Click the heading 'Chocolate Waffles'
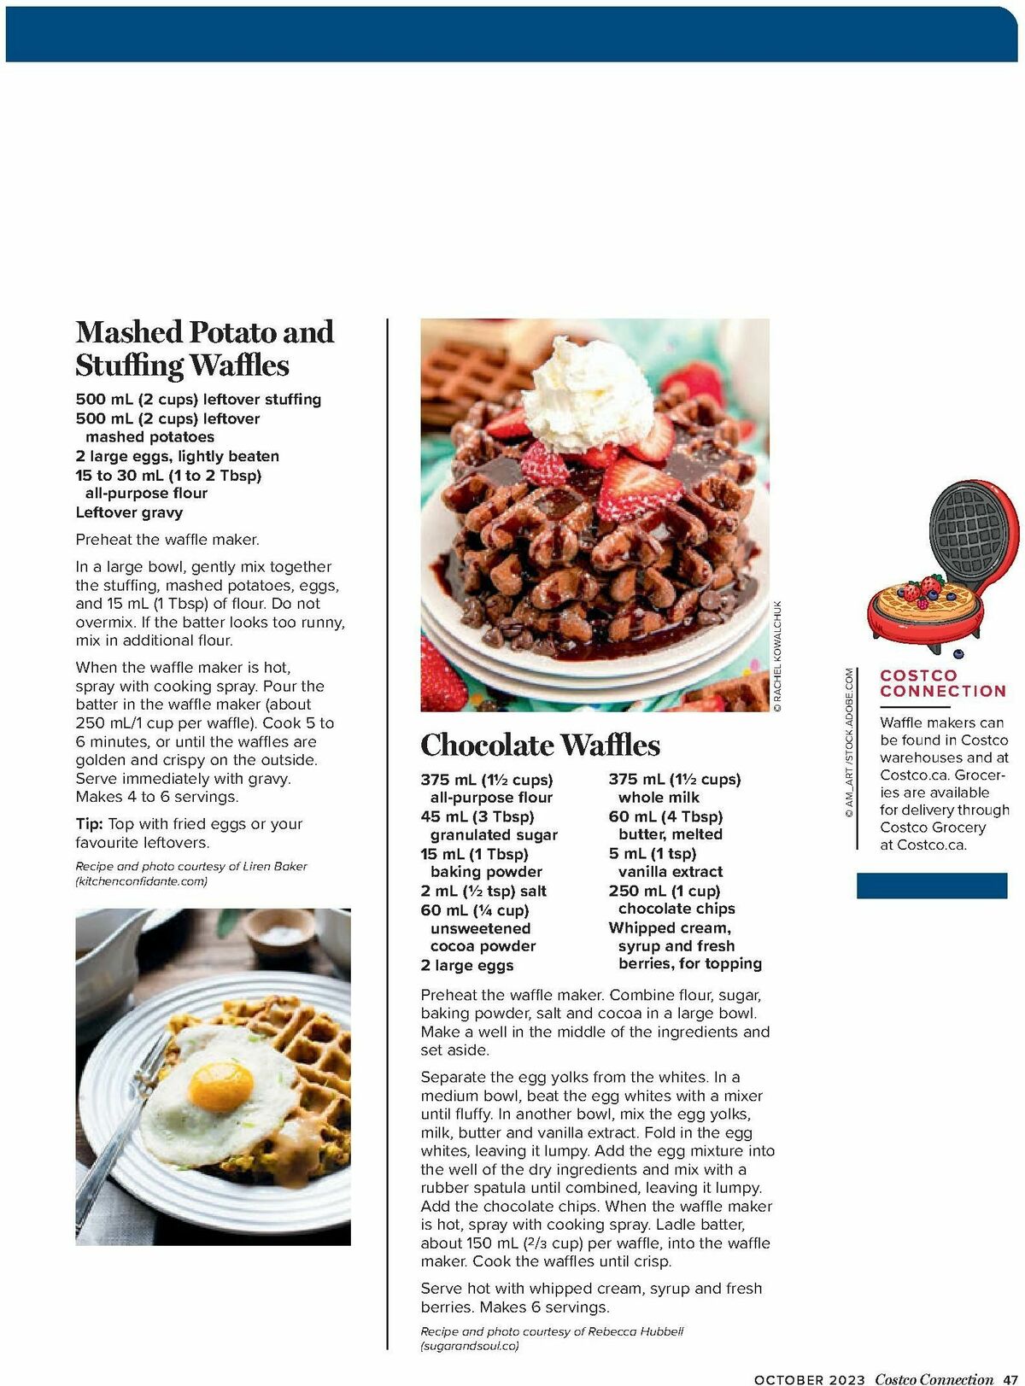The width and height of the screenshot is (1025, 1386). pyautogui.click(x=540, y=745)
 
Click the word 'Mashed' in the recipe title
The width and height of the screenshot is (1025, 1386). pyautogui.click(x=129, y=331)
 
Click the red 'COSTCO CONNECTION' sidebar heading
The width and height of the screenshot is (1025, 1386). pyautogui.click(x=942, y=683)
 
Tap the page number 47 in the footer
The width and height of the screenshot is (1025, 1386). pyautogui.click(x=1010, y=1379)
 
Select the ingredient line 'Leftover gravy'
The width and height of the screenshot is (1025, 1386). pyautogui.click(x=129, y=512)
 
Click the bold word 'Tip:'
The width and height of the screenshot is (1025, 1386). pyautogui.click(x=90, y=824)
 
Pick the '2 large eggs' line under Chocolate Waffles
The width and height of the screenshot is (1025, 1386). pyautogui.click(x=466, y=965)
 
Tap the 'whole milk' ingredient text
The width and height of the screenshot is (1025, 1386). pyautogui.click(x=659, y=798)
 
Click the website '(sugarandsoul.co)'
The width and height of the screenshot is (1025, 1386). pyautogui.click(x=469, y=1346)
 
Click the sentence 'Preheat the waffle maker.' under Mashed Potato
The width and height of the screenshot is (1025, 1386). pyautogui.click(x=167, y=540)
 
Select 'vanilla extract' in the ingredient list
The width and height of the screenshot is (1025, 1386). pyautogui.click(x=670, y=872)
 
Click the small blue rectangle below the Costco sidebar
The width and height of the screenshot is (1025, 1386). pyautogui.click(x=931, y=886)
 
